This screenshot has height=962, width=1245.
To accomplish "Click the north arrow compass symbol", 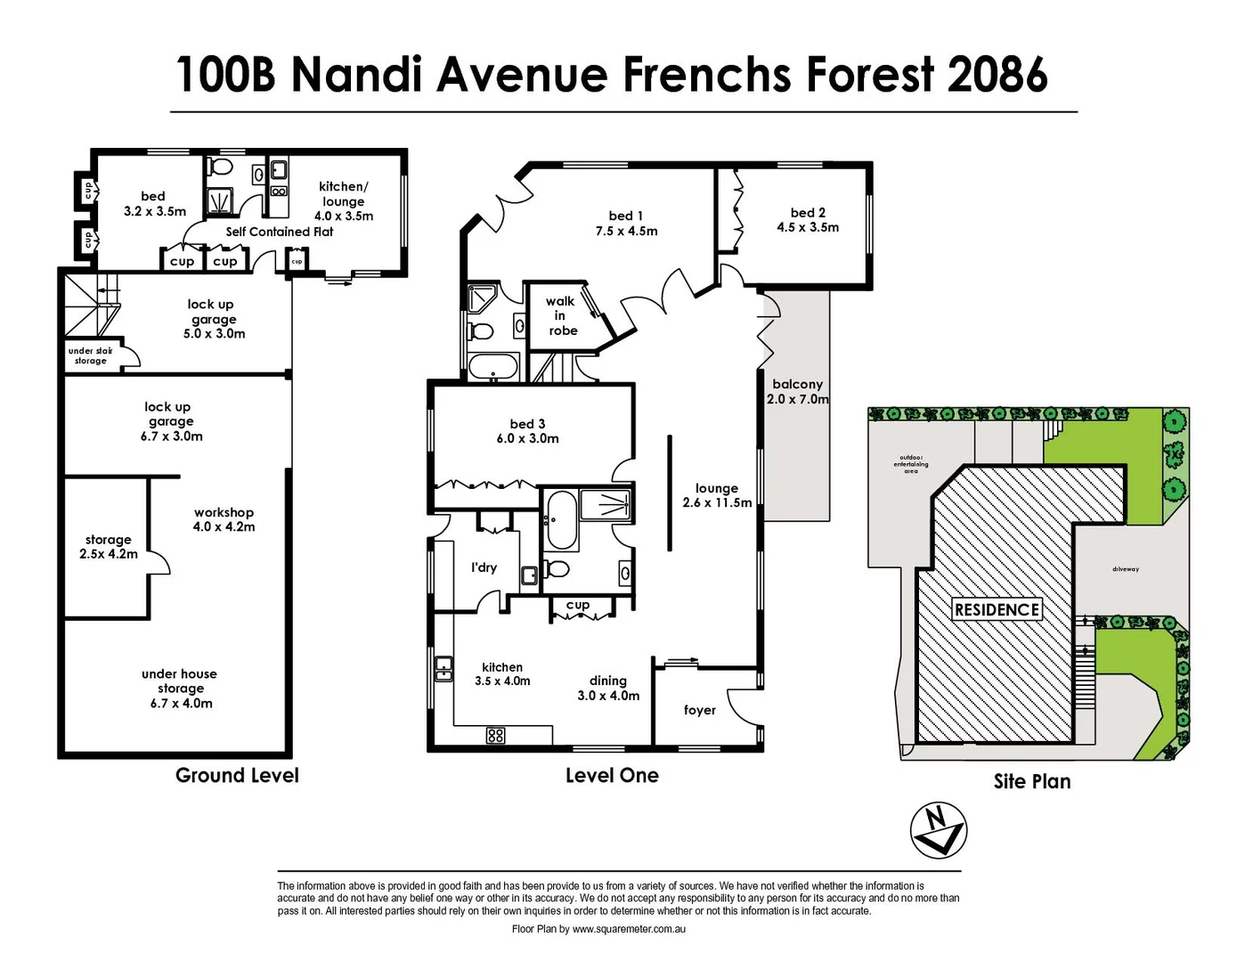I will pos(938,830).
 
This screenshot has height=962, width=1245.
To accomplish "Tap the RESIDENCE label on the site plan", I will pos(997,609).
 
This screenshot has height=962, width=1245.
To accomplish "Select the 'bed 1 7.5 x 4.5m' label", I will pos(626,224).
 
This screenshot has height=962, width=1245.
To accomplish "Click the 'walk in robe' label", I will pos(561,315).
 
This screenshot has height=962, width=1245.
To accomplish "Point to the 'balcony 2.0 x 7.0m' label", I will pos(797,392).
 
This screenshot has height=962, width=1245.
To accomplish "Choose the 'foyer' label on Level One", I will pos(699,710).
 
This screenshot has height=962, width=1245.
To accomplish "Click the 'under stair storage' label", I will pos(90,355).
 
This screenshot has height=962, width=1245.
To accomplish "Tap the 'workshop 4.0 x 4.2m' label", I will pos(224,519).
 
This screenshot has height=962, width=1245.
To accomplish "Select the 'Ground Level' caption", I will pos(237,775).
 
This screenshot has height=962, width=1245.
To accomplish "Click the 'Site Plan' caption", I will pos(1031,781).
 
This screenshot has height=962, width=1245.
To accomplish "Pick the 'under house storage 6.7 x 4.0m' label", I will pos(180,689).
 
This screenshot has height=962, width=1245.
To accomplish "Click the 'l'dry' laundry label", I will pos(484,567).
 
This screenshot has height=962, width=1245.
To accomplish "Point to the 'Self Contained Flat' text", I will pos(279,232).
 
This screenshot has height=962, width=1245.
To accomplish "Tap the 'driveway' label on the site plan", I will pos(1125,568).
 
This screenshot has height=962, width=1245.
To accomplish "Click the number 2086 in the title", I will pos(997,74).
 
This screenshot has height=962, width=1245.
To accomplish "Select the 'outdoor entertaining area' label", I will pos(910,464).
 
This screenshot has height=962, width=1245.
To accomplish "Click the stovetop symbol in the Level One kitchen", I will pos(496,735).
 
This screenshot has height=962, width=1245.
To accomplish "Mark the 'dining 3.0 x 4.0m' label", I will pos(608,688).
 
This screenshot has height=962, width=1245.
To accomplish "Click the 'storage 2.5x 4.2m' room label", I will pos(108,547).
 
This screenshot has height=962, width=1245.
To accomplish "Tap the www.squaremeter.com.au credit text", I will pos(628,929).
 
